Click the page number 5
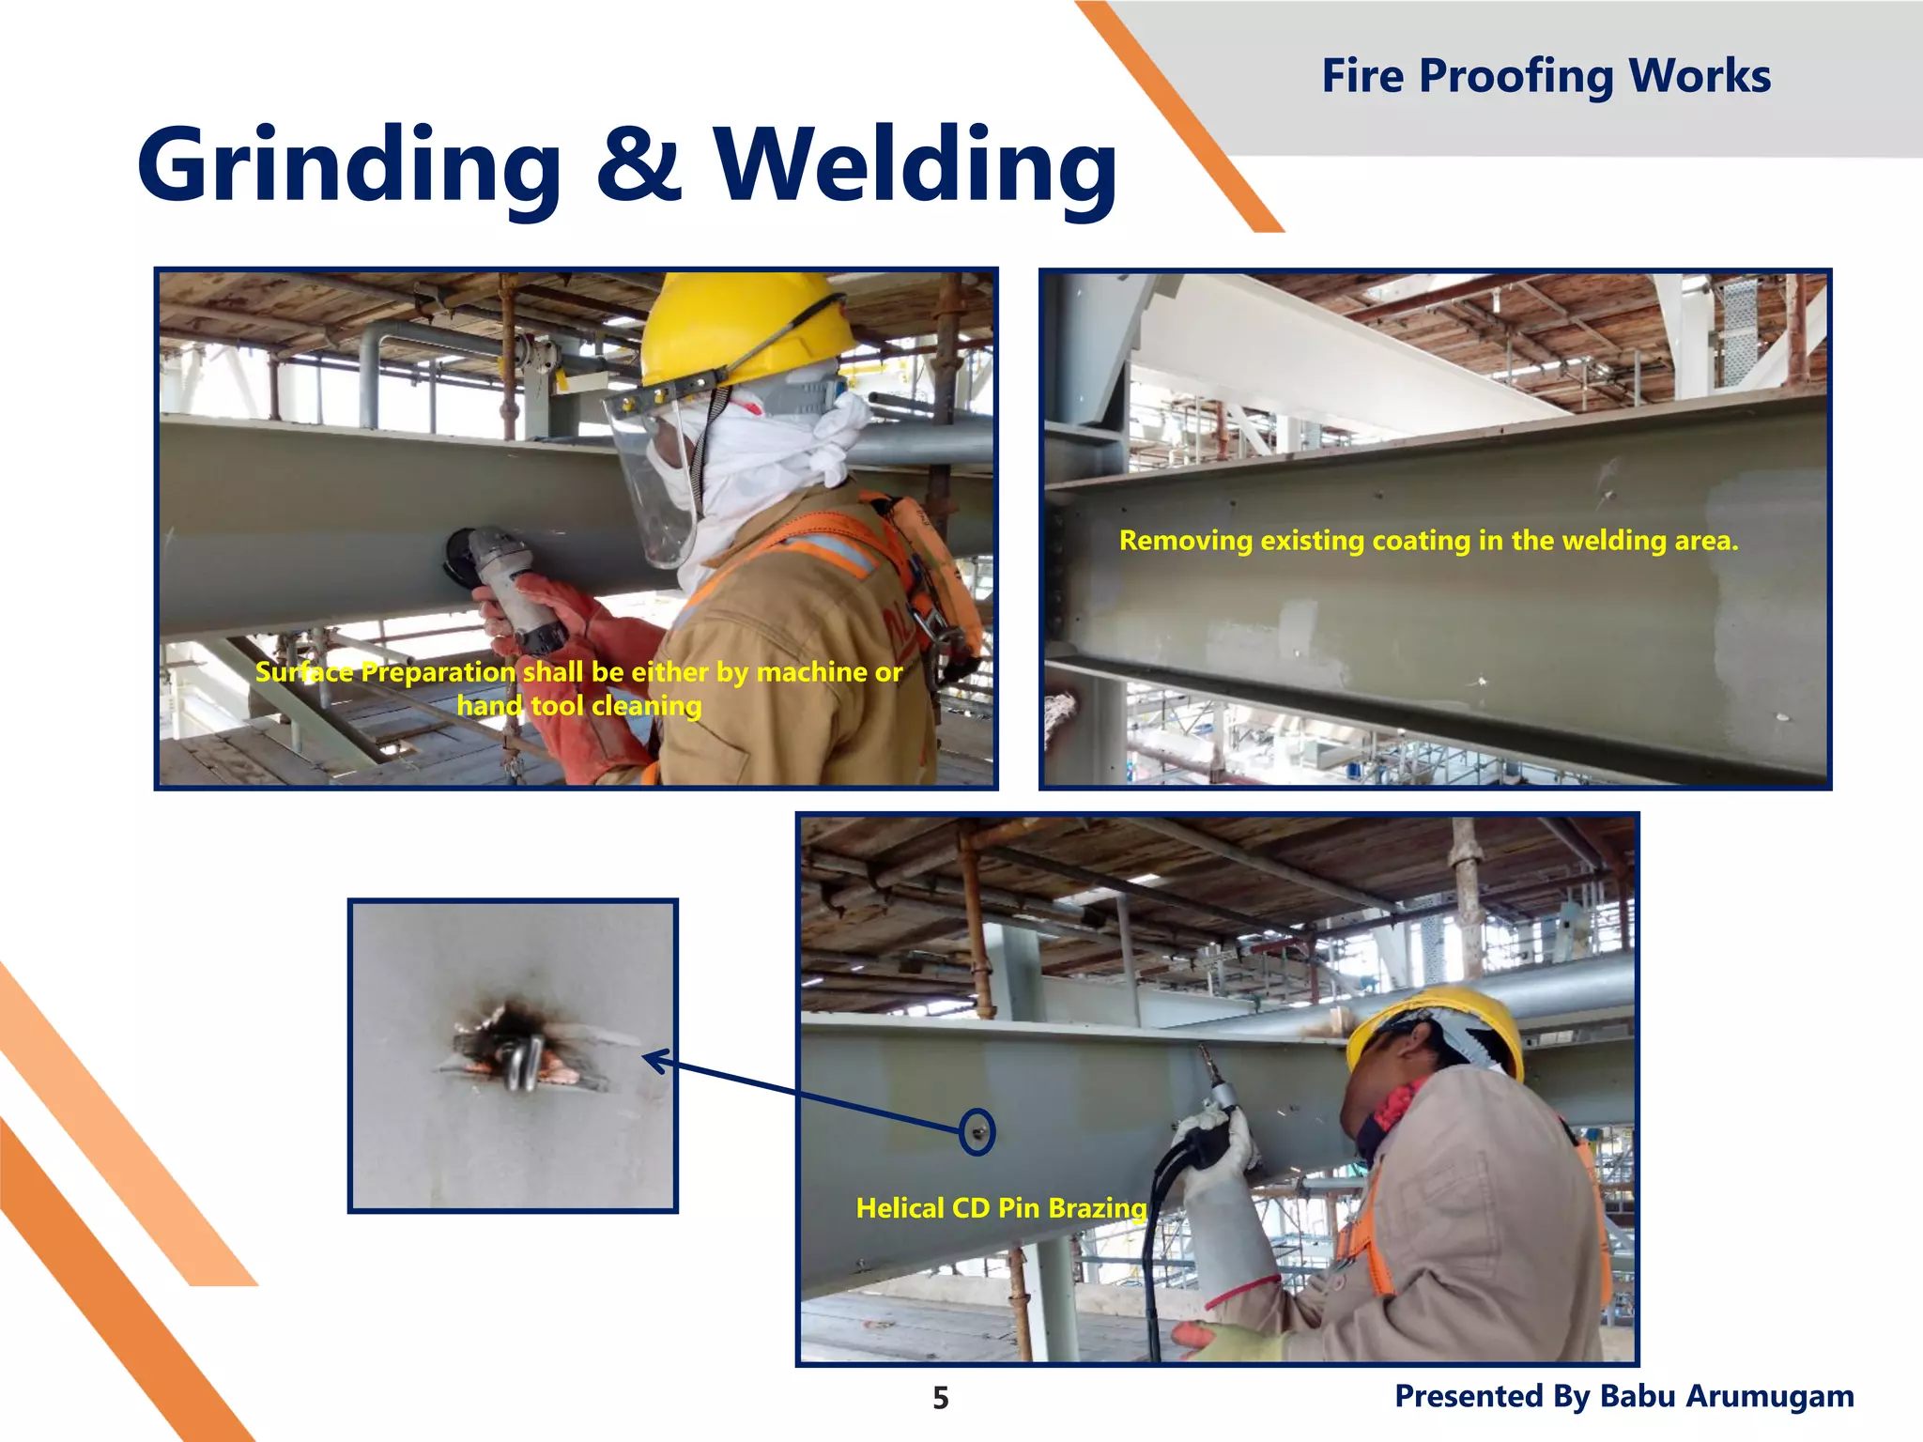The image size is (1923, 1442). click(940, 1398)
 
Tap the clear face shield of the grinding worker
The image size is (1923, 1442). click(648, 479)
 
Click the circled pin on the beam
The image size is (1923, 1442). click(977, 1132)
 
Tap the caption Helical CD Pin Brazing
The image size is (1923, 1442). click(1001, 1207)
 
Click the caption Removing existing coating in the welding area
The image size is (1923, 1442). click(1428, 540)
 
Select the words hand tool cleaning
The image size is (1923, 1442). click(579, 705)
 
